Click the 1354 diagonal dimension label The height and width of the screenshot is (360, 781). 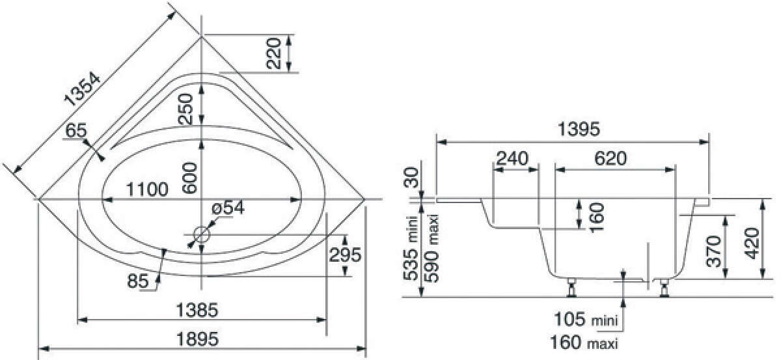(x=82, y=89)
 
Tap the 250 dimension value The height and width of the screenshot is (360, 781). (x=185, y=109)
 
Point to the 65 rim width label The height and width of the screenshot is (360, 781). (x=76, y=130)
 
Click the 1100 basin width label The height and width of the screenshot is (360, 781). (x=147, y=189)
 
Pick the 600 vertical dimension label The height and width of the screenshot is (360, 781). (x=189, y=178)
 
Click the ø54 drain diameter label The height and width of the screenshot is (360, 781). (x=228, y=208)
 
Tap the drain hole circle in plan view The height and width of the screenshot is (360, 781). (x=202, y=234)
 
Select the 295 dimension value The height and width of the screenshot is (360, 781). (x=345, y=255)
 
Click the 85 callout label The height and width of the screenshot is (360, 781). (x=138, y=281)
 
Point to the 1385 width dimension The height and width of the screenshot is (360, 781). (x=197, y=310)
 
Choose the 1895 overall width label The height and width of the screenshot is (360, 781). (x=198, y=339)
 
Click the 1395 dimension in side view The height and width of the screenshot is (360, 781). (x=579, y=129)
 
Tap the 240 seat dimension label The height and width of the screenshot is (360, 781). (x=513, y=159)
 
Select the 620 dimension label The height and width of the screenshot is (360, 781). (x=610, y=159)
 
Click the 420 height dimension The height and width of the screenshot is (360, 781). (x=752, y=243)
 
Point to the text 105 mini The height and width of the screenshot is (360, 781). (x=586, y=319)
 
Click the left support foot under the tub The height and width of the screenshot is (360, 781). (x=571, y=288)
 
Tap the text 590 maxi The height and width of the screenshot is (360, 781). (x=432, y=248)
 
